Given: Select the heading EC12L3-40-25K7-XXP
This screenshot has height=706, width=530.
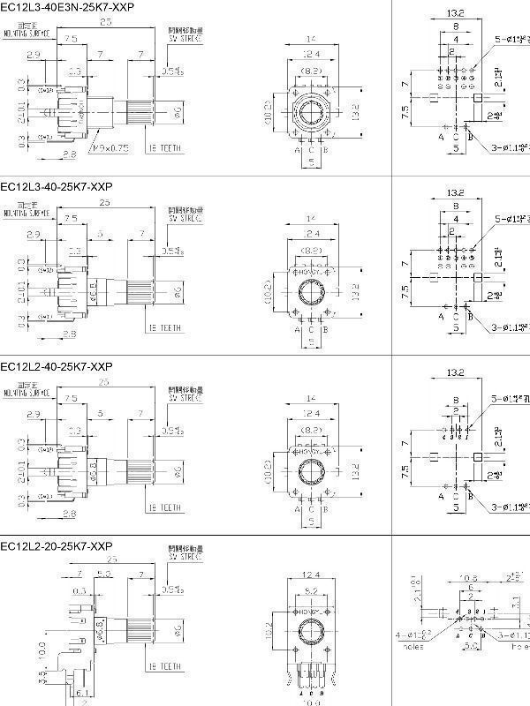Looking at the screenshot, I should [57, 186].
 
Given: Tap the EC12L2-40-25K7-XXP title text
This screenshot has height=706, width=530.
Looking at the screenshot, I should [57, 365].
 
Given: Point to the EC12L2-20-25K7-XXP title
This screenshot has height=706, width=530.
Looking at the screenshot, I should [57, 545].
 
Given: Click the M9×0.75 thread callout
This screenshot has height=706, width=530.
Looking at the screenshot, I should [111, 148].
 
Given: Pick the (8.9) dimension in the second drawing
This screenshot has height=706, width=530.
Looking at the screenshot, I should [310, 252].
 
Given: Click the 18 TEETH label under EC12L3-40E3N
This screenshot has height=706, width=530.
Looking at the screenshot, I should [164, 148].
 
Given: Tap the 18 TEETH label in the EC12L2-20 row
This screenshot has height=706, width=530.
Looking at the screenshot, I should [164, 665].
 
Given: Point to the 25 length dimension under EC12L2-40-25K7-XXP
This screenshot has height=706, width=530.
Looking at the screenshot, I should [105, 382].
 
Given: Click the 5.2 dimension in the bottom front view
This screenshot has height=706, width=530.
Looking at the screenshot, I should [310, 589].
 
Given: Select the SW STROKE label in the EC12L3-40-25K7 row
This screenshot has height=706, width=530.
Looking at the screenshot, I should [185, 218].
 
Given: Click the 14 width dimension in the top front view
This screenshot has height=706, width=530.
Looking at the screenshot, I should [310, 41].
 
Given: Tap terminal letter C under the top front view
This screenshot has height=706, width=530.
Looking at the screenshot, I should [310, 150].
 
